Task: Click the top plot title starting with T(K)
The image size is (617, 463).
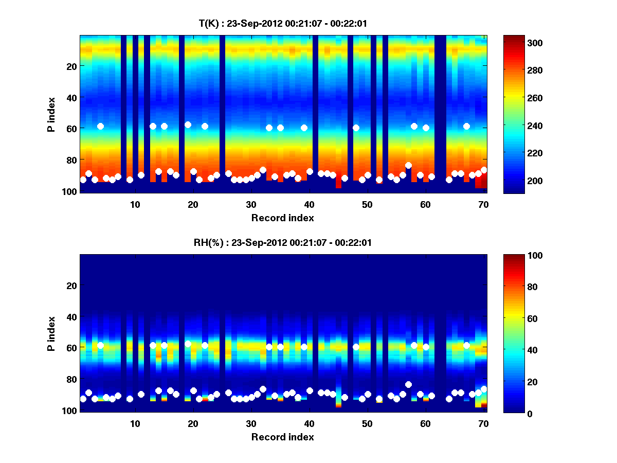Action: point(283,23)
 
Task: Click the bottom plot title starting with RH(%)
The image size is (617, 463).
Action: point(283,242)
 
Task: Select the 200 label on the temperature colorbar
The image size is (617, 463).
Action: point(521,181)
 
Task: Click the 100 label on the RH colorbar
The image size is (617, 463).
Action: point(521,256)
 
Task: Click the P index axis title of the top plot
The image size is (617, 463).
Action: point(51,114)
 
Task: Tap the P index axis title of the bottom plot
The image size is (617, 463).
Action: point(51,333)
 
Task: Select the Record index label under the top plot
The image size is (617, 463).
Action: point(283,218)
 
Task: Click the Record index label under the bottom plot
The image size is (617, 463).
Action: point(283,437)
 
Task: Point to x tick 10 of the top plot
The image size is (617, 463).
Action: point(135,204)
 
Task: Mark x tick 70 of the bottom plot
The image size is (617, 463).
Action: point(483,423)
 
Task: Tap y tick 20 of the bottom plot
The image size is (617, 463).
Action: point(71,286)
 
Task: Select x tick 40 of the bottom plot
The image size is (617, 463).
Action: point(309,423)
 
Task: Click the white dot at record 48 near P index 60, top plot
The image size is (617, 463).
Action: point(356,128)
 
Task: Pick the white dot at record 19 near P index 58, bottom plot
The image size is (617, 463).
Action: point(188,344)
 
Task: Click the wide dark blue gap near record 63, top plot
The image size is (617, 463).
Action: point(440,113)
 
